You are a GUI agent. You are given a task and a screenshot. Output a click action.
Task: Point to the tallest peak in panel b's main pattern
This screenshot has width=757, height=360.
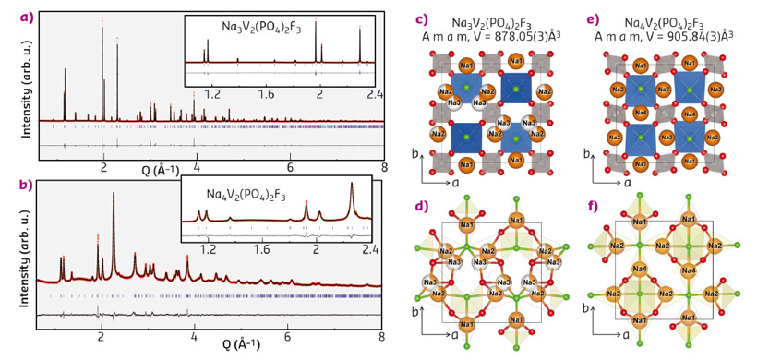pos(114,195)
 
